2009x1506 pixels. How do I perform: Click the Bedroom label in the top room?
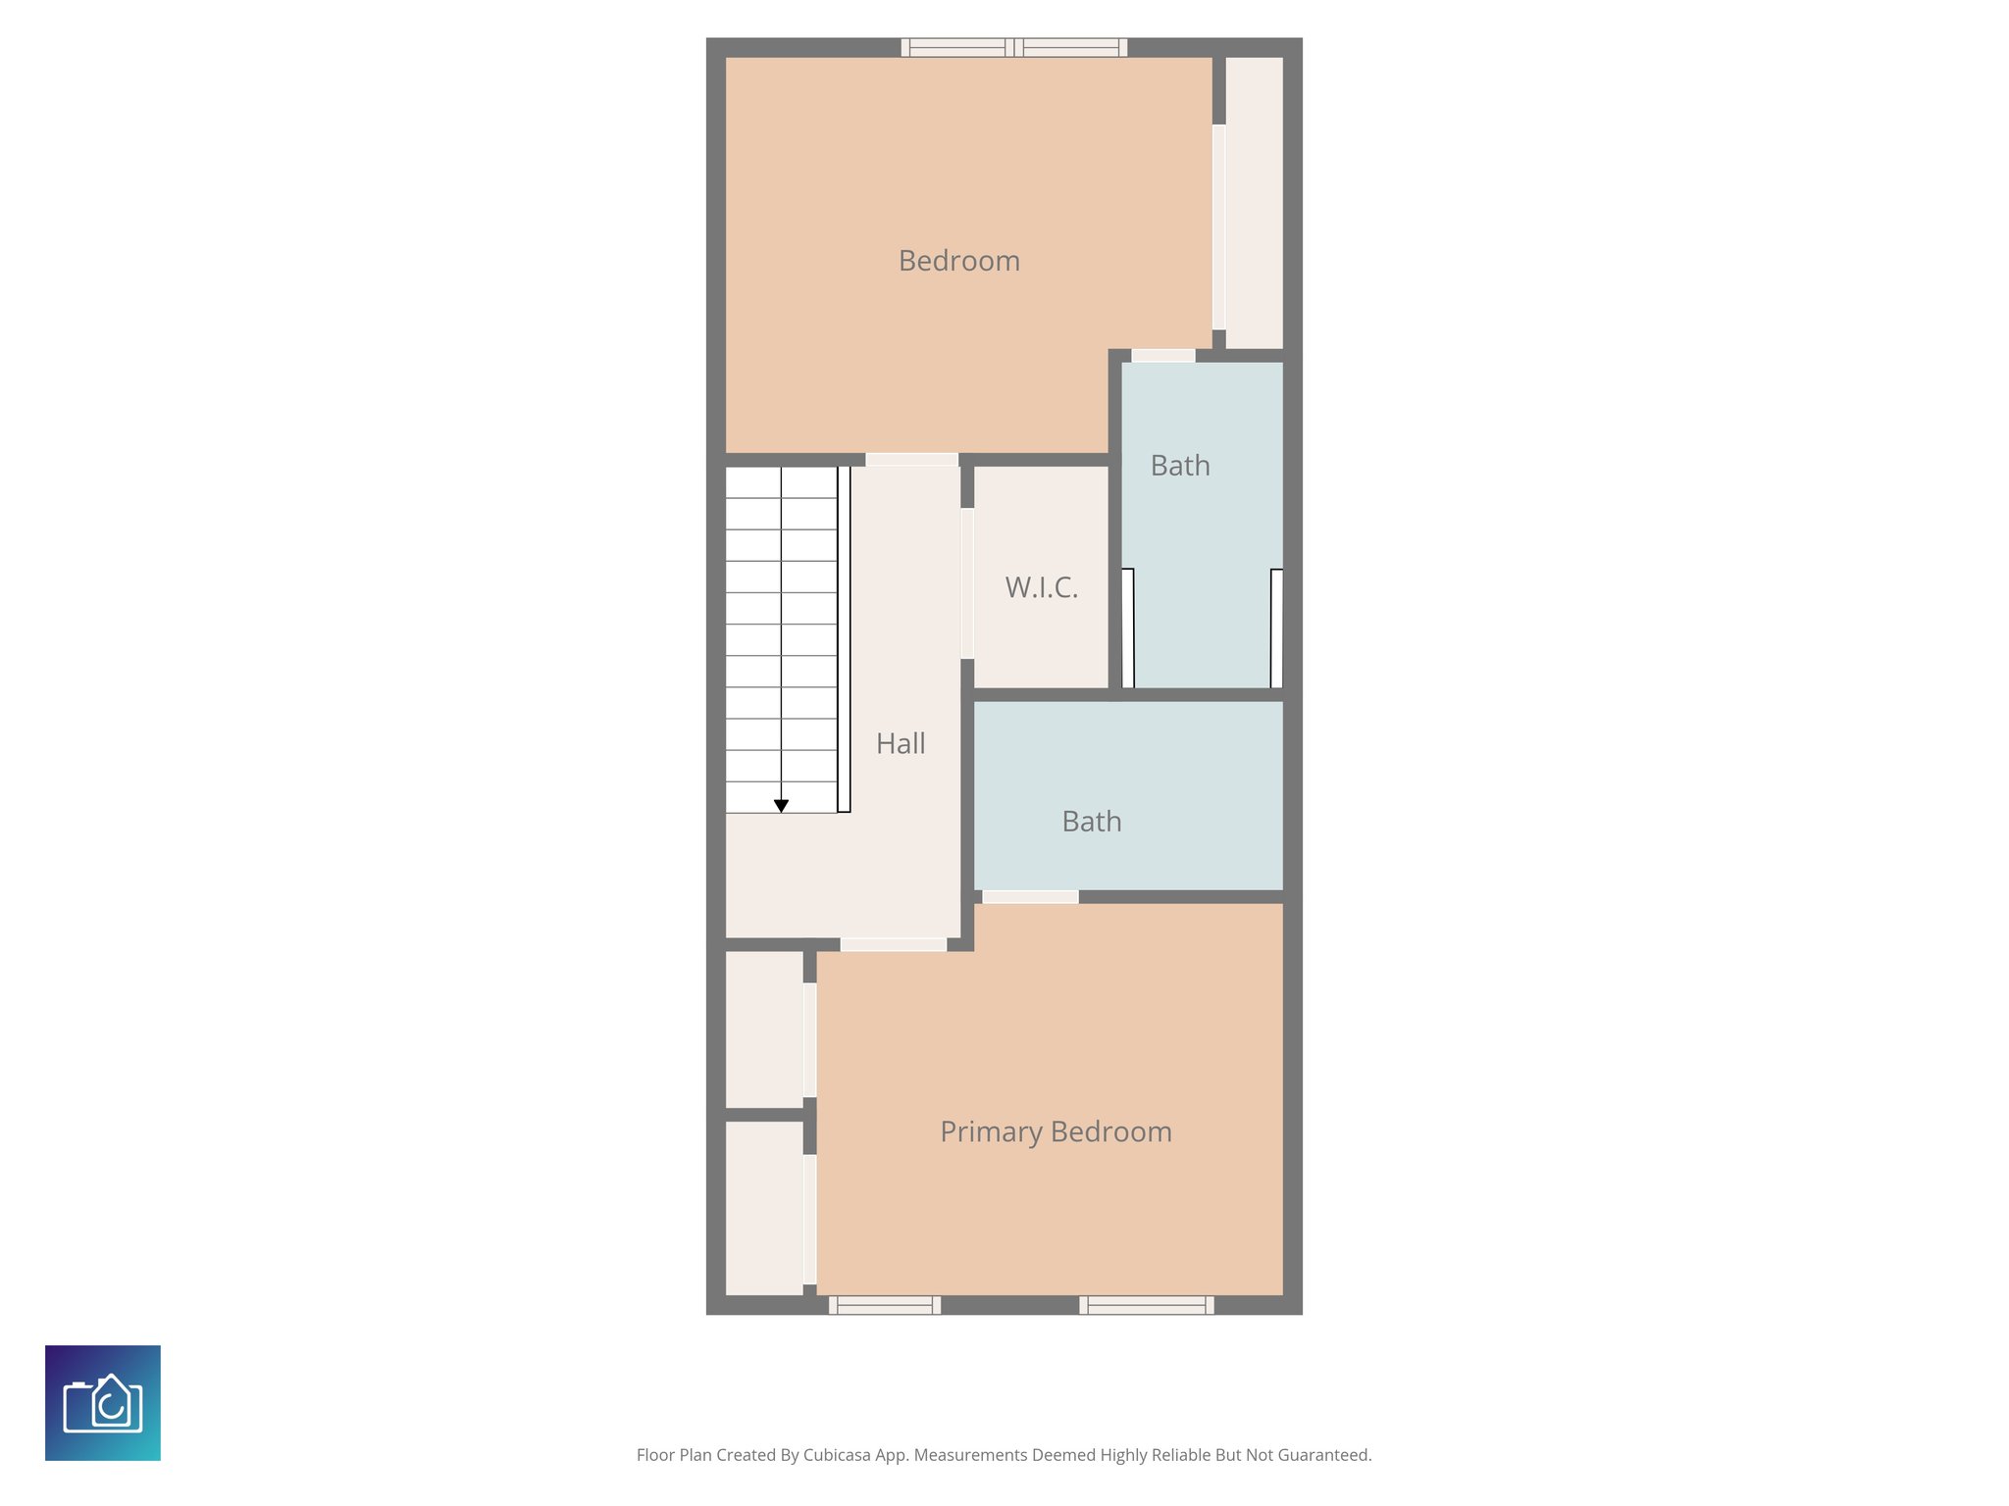coord(958,261)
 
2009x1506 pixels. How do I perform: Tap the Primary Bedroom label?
coord(1056,1131)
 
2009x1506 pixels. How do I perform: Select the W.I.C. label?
coord(1041,587)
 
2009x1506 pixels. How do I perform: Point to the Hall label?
coord(901,743)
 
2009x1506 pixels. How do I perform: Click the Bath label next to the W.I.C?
coord(1180,466)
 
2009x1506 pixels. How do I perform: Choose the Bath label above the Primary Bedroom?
coord(1091,822)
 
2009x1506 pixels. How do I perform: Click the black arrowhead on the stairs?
coord(781,806)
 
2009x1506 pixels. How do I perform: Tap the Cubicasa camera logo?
coord(103,1403)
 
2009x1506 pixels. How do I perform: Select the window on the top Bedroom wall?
coord(1014,47)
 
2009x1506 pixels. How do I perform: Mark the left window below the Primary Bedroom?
coord(885,1305)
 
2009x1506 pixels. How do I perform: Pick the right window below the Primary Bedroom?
coord(1146,1305)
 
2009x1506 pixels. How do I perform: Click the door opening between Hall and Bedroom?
coord(911,460)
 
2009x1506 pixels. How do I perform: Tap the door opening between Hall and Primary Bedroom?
coord(893,944)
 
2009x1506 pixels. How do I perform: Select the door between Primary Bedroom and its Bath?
coord(1030,896)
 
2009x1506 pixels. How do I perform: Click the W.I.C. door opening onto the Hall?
coord(967,583)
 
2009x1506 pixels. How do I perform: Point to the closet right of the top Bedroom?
coord(1254,202)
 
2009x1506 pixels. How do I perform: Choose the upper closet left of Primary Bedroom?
coord(764,1029)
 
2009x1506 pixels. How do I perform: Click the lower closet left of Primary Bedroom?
coord(764,1208)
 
